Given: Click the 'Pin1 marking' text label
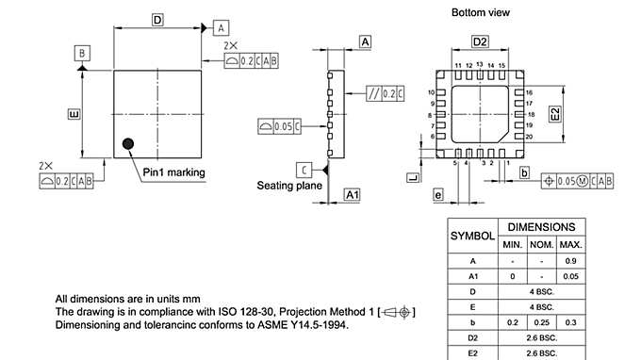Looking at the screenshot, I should pyautogui.click(x=173, y=172).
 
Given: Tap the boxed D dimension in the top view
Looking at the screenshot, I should pyautogui.click(x=157, y=20).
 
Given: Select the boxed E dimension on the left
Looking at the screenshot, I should pyautogui.click(x=73, y=114).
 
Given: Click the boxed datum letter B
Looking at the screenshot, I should pyautogui.click(x=83, y=53).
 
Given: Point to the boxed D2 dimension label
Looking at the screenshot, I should pyautogui.click(x=480, y=42).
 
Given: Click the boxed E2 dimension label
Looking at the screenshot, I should pyautogui.click(x=555, y=113).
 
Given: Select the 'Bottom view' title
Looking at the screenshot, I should pyautogui.click(x=481, y=12).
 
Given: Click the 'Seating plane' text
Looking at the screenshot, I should pyautogui.click(x=290, y=186).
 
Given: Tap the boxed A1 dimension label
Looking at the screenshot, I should pyautogui.click(x=353, y=194).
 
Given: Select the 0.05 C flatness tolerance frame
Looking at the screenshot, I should pyautogui.click(x=280, y=124).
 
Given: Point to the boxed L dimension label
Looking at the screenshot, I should pyautogui.click(x=412, y=177).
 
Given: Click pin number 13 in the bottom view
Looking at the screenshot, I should pyautogui.click(x=480, y=65).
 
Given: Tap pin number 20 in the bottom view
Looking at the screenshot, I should pyautogui.click(x=530, y=137).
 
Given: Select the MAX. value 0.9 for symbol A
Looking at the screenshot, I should pyautogui.click(x=570, y=260).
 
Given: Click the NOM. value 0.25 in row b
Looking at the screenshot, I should pyautogui.click(x=542, y=322).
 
